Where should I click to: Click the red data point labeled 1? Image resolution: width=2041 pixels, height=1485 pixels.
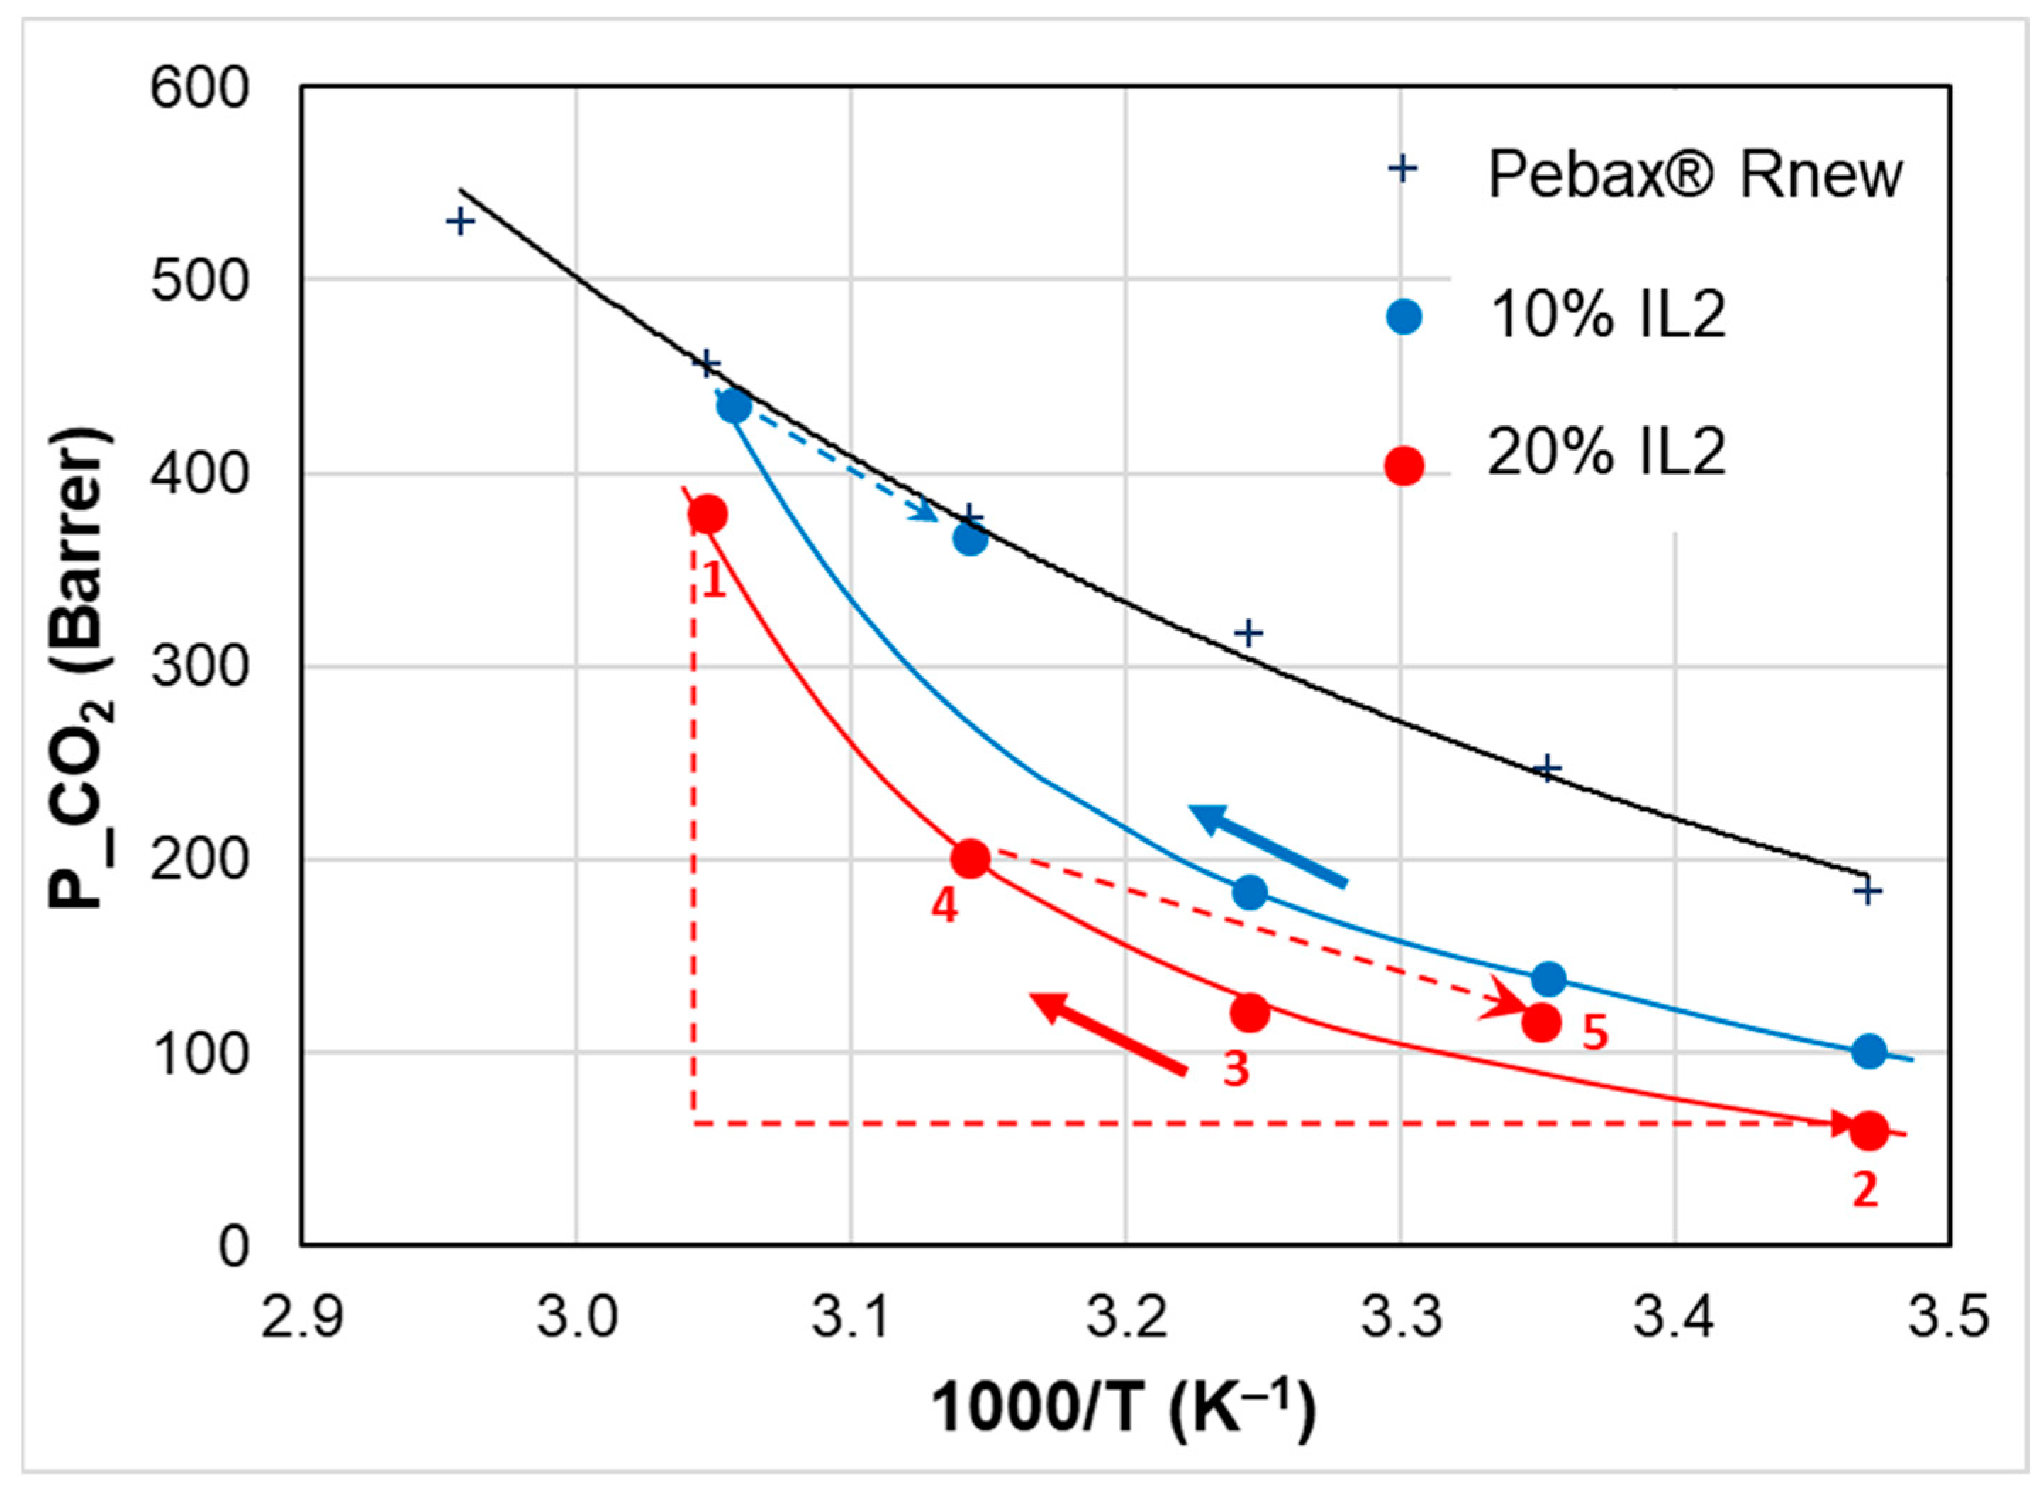(708, 515)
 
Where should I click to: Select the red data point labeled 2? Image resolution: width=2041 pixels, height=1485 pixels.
(1868, 1131)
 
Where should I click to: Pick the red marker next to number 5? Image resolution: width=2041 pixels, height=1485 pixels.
(1541, 1022)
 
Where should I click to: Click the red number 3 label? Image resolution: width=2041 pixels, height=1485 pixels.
(1236, 1070)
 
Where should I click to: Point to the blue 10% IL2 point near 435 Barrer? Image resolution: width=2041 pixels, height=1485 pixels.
(734, 407)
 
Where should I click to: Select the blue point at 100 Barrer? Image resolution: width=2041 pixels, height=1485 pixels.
(1868, 1050)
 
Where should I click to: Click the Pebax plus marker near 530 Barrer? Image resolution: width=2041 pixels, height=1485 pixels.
(461, 221)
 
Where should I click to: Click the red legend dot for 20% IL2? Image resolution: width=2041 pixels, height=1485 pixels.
(1404, 465)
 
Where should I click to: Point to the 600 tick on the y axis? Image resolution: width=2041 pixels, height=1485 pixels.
(199, 90)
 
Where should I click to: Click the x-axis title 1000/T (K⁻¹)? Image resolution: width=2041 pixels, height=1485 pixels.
(1123, 1407)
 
